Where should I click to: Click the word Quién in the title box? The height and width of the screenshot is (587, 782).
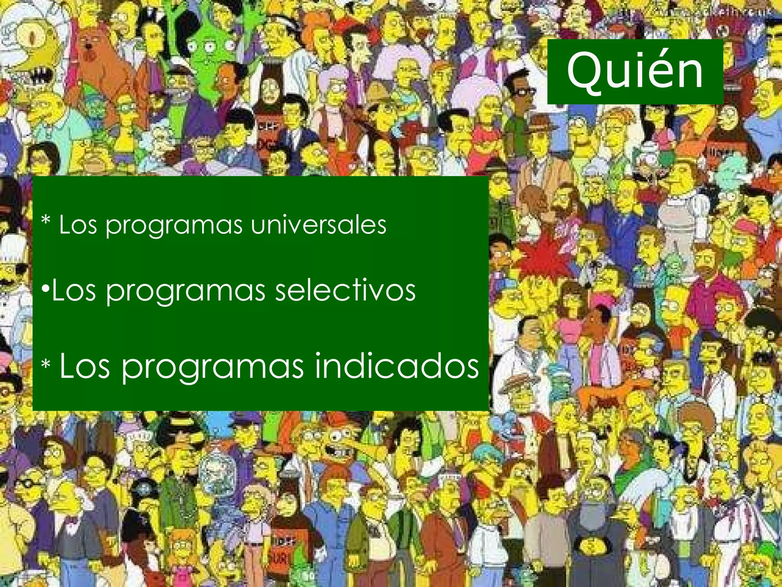click(635, 71)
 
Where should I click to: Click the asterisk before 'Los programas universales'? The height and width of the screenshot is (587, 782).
click(46, 222)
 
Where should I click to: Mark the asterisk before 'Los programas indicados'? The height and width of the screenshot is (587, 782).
click(46, 365)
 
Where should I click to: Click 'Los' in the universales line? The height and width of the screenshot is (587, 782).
click(79, 225)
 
